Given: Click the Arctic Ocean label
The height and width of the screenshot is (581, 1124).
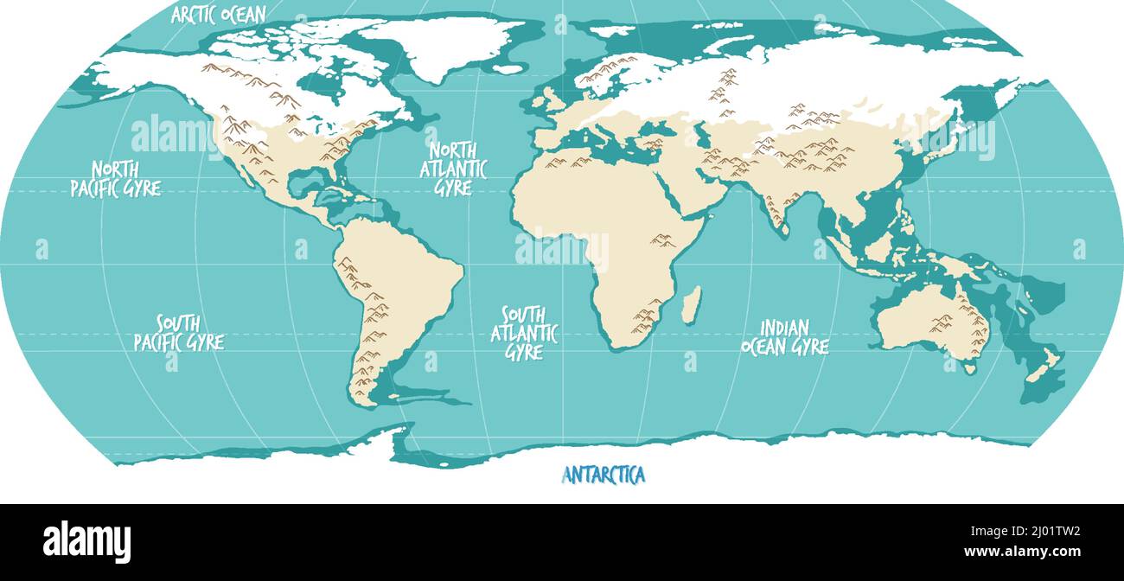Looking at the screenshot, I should point(219,14).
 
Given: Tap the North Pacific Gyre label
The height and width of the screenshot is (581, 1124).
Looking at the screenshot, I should point(115,178).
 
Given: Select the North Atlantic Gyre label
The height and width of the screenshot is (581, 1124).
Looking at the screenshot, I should point(453,169).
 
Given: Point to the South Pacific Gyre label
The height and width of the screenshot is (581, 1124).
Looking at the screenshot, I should point(178,333).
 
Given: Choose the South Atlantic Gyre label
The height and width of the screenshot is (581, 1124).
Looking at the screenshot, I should point(524,333).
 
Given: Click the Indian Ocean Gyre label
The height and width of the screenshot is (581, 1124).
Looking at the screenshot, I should point(784,337).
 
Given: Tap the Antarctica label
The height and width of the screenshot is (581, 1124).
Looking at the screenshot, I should point(604,475).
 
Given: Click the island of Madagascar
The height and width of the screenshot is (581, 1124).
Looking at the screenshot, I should point(691,305).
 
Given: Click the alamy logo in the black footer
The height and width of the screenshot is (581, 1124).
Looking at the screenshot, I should point(86,542).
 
